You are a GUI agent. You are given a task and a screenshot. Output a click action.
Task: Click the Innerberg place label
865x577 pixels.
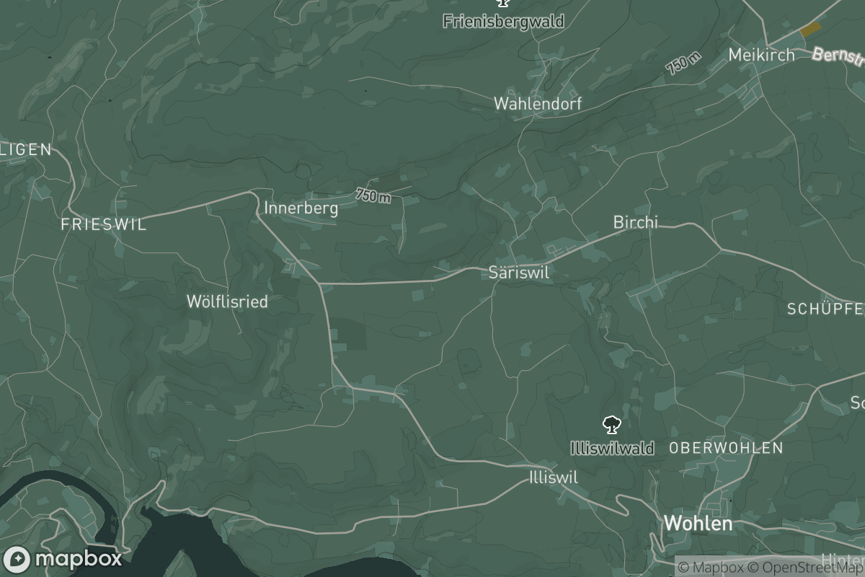tap(301, 208)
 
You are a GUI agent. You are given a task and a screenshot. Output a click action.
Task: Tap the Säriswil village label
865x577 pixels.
tap(519, 273)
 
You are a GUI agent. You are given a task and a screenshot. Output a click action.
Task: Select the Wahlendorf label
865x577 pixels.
tap(538, 104)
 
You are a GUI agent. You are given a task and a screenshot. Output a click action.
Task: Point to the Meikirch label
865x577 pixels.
tap(761, 55)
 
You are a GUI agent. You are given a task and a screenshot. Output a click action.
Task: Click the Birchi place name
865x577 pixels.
tap(636, 222)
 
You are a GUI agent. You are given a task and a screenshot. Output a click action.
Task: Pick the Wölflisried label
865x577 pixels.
tap(227, 301)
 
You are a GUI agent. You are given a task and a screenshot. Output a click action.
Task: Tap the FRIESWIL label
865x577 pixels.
tap(104, 224)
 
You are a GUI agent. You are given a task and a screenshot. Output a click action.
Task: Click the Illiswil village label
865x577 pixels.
tap(554, 477)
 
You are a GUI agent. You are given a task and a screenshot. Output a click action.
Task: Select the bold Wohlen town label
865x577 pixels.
tap(698, 524)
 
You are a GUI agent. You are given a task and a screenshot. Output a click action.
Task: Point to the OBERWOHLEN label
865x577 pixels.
tap(726, 448)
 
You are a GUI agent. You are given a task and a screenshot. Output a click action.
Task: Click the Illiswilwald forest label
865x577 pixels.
tap(612, 449)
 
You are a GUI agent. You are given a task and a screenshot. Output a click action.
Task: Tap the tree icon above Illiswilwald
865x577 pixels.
tap(612, 424)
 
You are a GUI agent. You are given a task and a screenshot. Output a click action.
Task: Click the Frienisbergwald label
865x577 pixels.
tap(503, 22)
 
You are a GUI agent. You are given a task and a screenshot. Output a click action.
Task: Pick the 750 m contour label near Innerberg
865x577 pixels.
tap(373, 195)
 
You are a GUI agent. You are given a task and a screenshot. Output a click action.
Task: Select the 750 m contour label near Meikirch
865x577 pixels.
tap(683, 63)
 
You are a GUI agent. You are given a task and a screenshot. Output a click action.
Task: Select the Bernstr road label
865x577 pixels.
tap(838, 56)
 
